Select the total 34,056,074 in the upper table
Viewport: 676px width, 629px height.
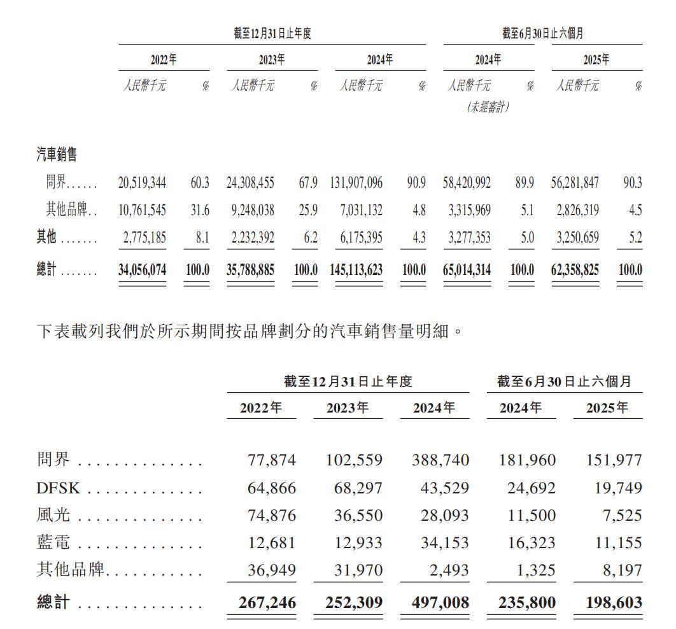pos(142,269)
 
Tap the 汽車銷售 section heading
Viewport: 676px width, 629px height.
pos(57,154)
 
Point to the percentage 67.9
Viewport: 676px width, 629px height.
pos(308,183)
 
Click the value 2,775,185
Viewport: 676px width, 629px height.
pos(142,237)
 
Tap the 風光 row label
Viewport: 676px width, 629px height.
pos(53,515)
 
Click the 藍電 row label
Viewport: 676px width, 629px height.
pos(53,542)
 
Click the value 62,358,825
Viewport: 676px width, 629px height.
pos(575,269)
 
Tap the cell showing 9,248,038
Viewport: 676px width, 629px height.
pos(251,210)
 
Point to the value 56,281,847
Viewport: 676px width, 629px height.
pos(575,183)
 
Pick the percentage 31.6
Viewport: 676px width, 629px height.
pos(200,210)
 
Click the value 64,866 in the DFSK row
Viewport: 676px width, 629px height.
pos(271,488)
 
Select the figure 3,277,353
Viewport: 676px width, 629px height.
pos(467,237)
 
